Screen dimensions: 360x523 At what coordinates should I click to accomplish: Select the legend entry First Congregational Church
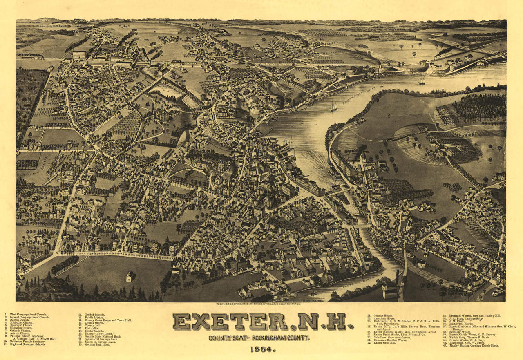pos(31,315)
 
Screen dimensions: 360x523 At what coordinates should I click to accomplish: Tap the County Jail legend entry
pos(94,325)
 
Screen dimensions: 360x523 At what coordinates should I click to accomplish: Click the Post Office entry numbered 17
pos(92,328)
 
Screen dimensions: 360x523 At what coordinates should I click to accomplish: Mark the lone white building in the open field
pos(130,277)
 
